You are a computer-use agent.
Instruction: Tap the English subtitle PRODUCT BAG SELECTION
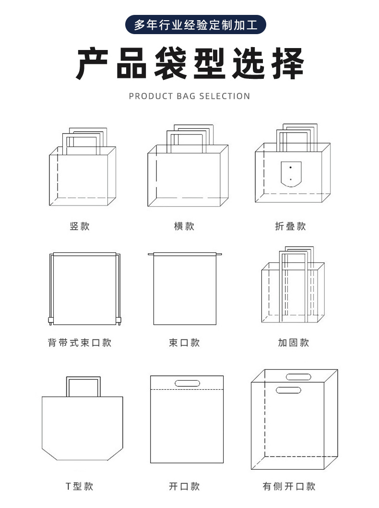point(189,96)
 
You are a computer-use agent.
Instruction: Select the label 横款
point(184,226)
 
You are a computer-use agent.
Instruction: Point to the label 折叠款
point(290,226)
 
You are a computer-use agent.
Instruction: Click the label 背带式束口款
point(80,343)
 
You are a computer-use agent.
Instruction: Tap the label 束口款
point(184,343)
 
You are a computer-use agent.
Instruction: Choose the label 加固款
point(293,343)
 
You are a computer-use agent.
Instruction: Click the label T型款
point(80,486)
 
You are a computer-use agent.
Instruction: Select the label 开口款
point(184,486)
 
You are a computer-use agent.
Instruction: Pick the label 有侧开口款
point(289,486)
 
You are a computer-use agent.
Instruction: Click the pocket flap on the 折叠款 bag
point(290,174)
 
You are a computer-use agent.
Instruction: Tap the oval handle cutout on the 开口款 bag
point(188,383)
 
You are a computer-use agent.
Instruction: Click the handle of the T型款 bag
point(83,380)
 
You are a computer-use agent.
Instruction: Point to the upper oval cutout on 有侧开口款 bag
point(299,376)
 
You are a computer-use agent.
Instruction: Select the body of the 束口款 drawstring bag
point(185,291)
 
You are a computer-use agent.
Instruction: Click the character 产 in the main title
point(95,63)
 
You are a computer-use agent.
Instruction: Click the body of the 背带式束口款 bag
point(84,288)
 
